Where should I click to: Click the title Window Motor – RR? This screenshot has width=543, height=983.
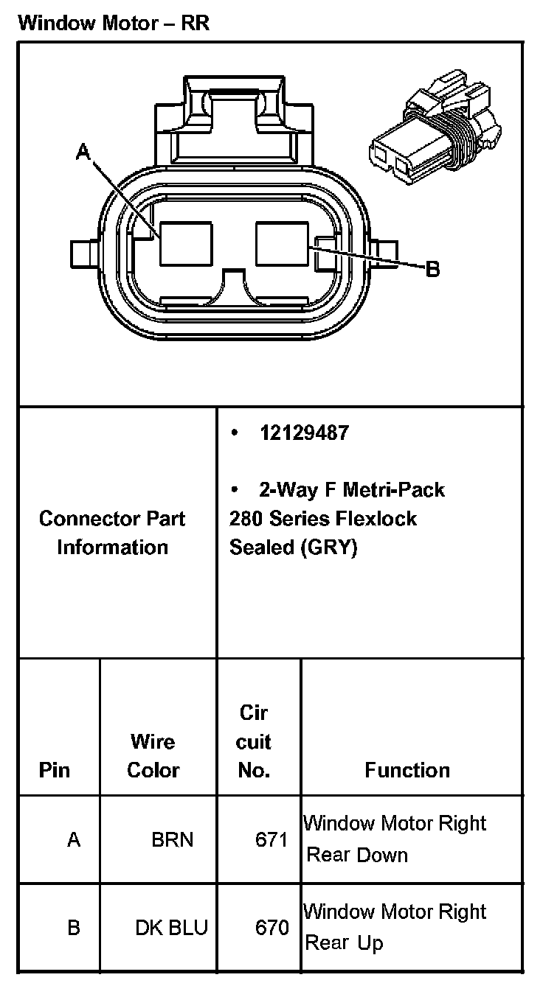[x=114, y=23]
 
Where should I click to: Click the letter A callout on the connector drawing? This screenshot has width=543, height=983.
[x=83, y=153]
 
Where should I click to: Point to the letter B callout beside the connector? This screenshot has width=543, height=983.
[x=433, y=270]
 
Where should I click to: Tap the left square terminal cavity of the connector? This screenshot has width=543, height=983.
[x=187, y=243]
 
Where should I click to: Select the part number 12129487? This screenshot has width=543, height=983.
[x=304, y=433]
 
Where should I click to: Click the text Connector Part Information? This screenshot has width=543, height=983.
[x=112, y=533]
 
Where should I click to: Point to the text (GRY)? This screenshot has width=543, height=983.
[x=329, y=548]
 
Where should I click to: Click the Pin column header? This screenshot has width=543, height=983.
[x=55, y=770]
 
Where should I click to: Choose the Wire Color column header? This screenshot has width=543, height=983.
[x=153, y=755]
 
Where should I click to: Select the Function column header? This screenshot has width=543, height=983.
[x=407, y=770]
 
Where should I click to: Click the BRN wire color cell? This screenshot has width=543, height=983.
[x=172, y=839]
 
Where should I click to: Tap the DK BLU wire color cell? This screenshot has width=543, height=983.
[x=171, y=927]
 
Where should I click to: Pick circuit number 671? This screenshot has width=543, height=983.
[x=271, y=839]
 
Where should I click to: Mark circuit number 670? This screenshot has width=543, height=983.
[x=271, y=927]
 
